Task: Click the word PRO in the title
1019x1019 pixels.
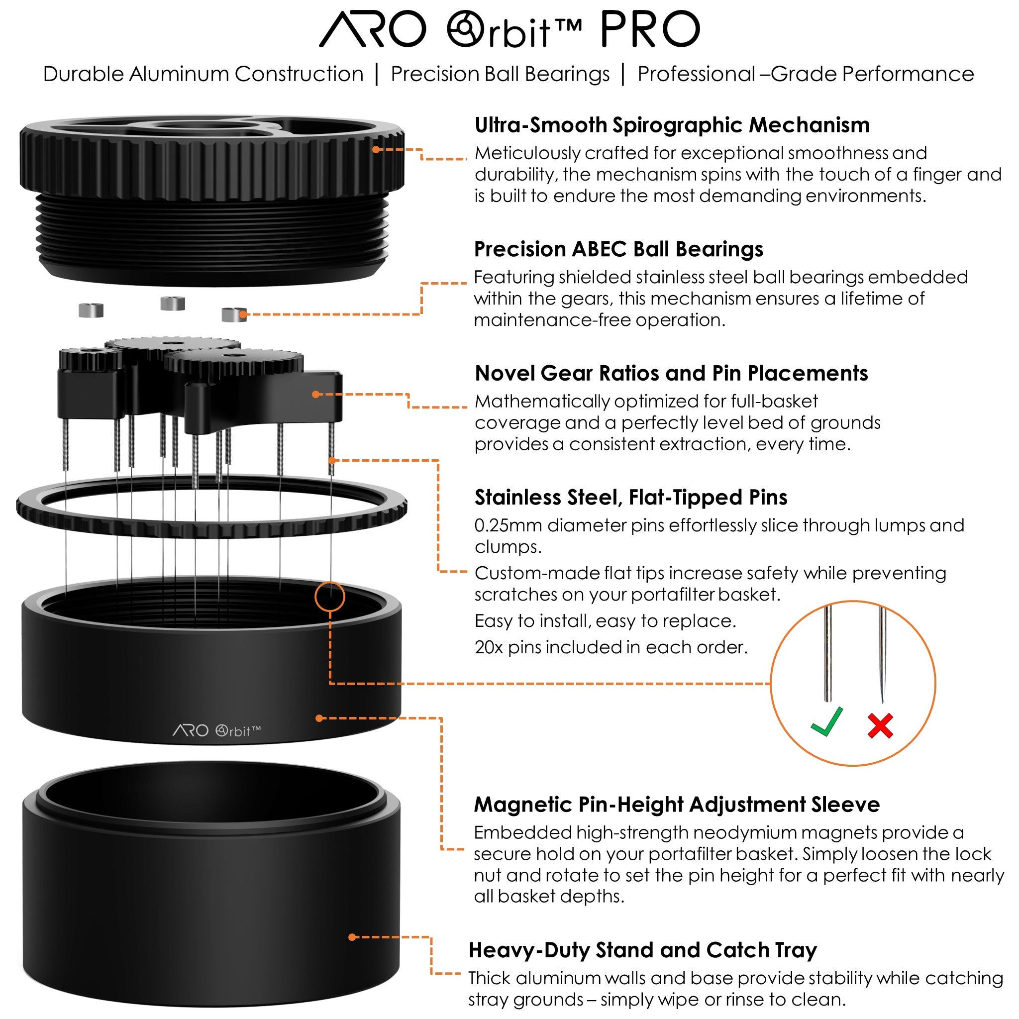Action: tap(650, 30)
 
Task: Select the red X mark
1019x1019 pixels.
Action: tap(880, 726)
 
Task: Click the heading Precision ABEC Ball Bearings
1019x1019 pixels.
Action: tap(618, 249)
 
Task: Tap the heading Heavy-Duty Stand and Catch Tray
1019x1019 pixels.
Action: tap(642, 950)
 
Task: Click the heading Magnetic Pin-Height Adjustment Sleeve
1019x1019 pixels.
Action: tap(677, 805)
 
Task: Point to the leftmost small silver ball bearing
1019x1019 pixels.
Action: tap(91, 310)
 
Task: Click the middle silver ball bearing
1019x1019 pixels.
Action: tap(173, 304)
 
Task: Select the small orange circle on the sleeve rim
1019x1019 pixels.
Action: tap(330, 597)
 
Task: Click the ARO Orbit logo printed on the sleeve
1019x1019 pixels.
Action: tap(216, 730)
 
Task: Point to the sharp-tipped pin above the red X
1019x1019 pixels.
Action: tap(881, 654)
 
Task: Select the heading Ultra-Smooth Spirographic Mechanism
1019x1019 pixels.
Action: tap(672, 125)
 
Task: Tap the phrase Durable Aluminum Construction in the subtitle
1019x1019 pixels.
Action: tap(203, 74)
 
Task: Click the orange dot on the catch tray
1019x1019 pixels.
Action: tap(352, 937)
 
